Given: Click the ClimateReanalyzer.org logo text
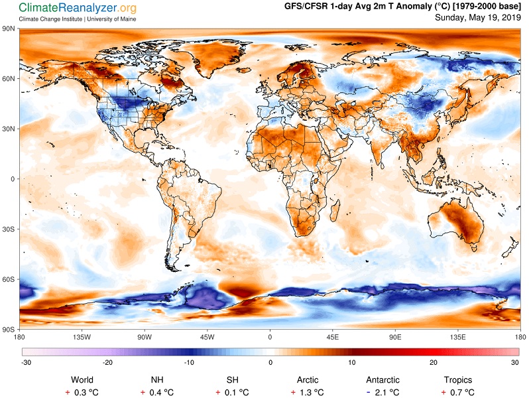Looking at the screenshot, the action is (x=78, y=8).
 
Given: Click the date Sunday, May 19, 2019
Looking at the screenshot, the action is (x=478, y=17).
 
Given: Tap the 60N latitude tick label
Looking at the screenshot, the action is (x=8, y=79).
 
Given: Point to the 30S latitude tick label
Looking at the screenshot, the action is (x=8, y=230).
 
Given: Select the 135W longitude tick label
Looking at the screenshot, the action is (x=82, y=337).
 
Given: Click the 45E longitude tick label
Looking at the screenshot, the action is (x=332, y=337).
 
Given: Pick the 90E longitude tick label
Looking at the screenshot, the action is (x=395, y=337).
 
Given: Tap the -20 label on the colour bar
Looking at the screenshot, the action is (x=107, y=363).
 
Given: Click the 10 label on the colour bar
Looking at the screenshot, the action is (x=352, y=363).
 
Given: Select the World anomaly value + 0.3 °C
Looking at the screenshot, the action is (x=82, y=393).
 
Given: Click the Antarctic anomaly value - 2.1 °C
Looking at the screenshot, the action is (x=382, y=393).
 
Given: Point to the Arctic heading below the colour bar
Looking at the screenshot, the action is (x=308, y=380).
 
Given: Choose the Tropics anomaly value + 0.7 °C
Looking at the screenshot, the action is (x=458, y=393).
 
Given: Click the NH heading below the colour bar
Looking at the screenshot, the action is (x=157, y=380).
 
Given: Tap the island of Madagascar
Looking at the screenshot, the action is (x=335, y=210).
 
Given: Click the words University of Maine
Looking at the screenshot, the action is (x=111, y=19).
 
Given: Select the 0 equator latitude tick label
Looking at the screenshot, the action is (x=13, y=179).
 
